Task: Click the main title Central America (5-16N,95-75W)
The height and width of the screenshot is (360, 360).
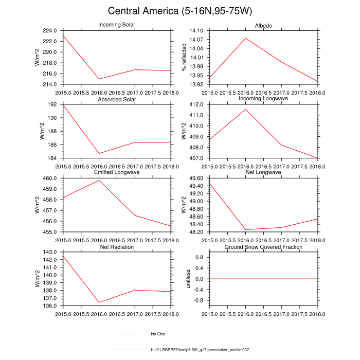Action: (180, 11)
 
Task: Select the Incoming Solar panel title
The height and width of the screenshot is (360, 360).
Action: (117, 26)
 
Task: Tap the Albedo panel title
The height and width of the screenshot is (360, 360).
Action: (263, 26)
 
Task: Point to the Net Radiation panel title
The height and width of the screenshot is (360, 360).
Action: (117, 247)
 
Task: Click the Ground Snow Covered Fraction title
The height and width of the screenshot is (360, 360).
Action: (263, 247)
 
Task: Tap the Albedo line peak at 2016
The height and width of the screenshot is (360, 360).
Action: (245, 38)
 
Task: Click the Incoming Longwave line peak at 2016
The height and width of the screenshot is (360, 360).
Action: (245, 109)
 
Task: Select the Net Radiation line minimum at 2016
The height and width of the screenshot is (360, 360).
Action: (99, 302)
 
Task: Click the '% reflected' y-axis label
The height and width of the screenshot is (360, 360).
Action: (183, 58)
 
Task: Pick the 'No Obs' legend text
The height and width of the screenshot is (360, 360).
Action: (157, 334)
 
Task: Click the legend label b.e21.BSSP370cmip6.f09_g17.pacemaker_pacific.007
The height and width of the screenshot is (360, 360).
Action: (200, 350)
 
